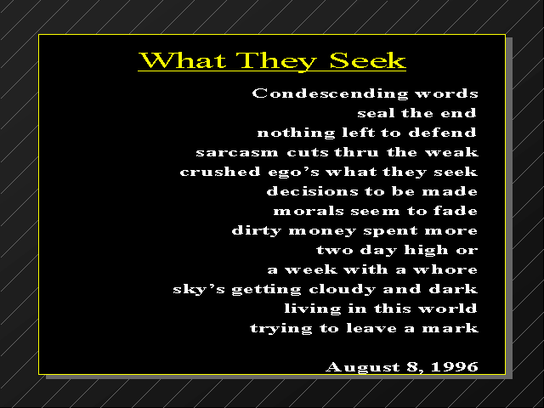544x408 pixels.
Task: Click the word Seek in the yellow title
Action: [367, 60]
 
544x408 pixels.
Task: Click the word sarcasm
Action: [237, 152]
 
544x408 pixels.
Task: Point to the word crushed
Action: [220, 172]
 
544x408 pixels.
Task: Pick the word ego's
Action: [293, 173]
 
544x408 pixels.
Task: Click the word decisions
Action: [312, 191]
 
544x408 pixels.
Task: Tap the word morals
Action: [308, 211]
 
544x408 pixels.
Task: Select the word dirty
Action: [257, 231]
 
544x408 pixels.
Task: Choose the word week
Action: [311, 269]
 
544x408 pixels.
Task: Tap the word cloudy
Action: [342, 289]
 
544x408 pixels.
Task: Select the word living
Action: [313, 309]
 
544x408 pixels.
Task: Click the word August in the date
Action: [363, 367]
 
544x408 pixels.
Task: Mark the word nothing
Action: [297, 133]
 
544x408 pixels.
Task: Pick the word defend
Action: [442, 133]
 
